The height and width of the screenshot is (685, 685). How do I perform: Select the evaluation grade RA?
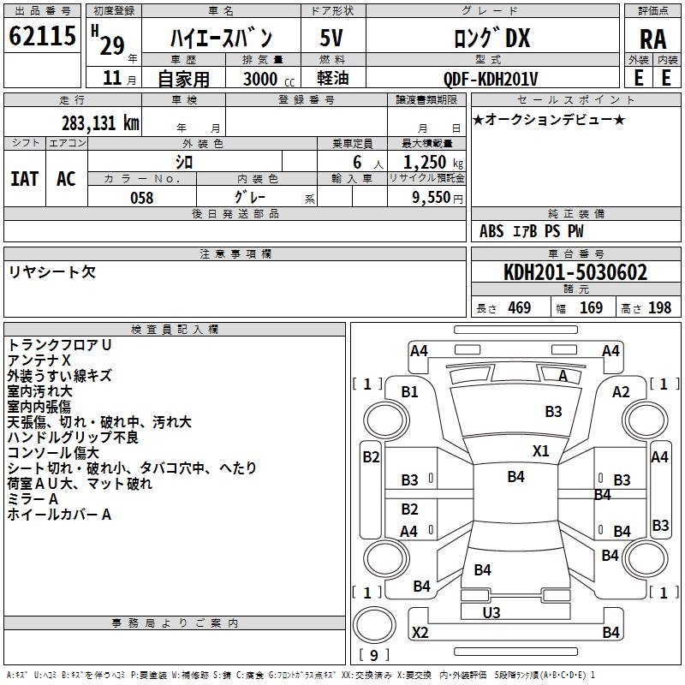pyautogui.click(x=652, y=38)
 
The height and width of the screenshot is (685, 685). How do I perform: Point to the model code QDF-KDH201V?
pyautogui.click(x=491, y=79)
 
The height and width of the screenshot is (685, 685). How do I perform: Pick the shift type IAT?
pyautogui.click(x=24, y=178)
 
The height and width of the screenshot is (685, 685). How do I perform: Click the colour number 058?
pyautogui.click(x=141, y=198)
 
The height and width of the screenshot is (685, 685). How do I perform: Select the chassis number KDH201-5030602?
pyautogui.click(x=575, y=273)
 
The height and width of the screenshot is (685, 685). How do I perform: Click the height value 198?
pyautogui.click(x=659, y=308)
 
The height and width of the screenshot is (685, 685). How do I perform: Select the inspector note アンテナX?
pyautogui.click(x=39, y=360)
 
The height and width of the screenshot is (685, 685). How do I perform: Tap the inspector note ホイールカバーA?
pyautogui.click(x=59, y=515)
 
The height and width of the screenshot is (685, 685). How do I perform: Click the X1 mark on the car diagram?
pyautogui.click(x=541, y=450)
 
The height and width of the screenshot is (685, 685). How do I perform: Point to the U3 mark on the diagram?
pyautogui.click(x=491, y=613)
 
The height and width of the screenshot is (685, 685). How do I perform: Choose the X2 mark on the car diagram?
pyautogui.click(x=420, y=632)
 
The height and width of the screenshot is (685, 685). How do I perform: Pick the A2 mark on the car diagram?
pyautogui.click(x=621, y=391)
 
